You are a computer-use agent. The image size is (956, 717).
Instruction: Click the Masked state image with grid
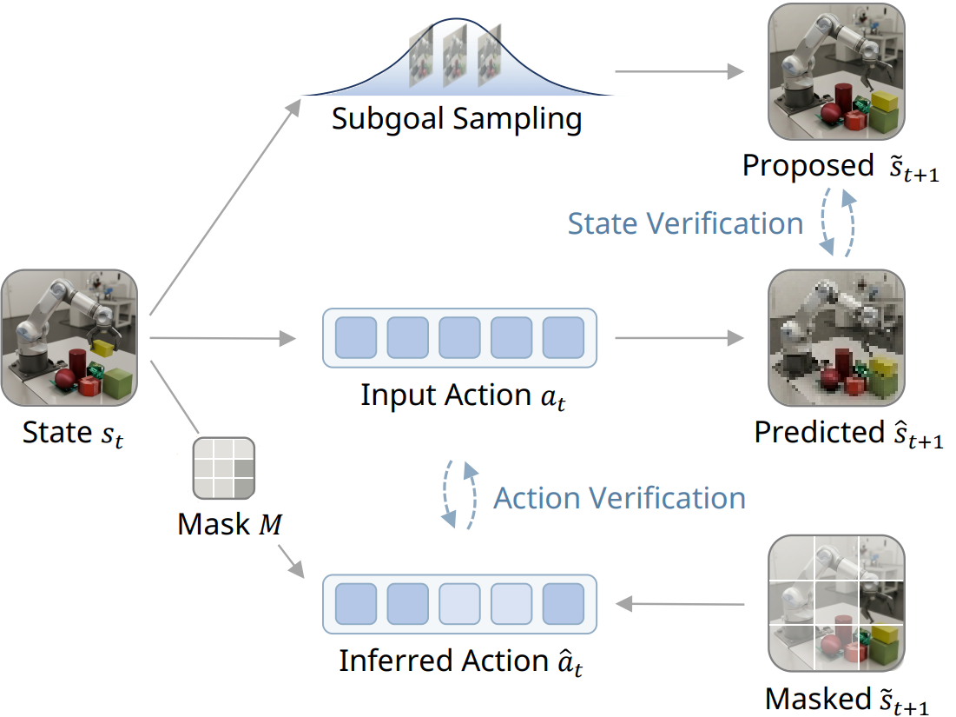tap(835, 604)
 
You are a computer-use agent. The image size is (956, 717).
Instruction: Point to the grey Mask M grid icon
tap(225, 470)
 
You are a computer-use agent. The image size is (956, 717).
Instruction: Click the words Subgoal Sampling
tap(457, 119)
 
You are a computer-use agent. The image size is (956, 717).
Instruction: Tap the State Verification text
tap(685, 224)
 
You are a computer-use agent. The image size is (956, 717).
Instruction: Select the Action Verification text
tap(619, 499)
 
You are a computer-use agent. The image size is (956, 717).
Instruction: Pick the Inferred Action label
tap(460, 661)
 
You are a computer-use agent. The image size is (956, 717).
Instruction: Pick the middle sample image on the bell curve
tap(455, 54)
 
